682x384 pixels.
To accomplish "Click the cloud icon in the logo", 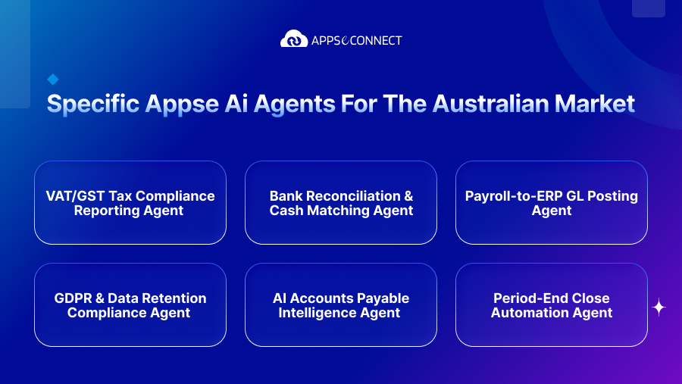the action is click(294, 39).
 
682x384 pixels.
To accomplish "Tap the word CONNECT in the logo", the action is click(376, 40).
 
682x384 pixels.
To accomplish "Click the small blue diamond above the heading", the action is click(53, 80).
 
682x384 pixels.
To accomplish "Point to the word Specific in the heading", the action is click(93, 104).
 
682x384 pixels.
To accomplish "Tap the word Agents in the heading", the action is click(294, 105).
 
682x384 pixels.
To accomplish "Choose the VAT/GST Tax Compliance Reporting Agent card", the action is click(130, 203).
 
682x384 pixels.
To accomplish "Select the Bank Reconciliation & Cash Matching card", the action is click(341, 203).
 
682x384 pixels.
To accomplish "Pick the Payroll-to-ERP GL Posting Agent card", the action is click(552, 203).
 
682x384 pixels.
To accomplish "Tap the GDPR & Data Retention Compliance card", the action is click(130, 304).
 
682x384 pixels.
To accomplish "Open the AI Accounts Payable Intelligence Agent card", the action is click(341, 304).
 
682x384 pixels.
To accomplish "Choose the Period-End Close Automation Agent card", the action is click(552, 304).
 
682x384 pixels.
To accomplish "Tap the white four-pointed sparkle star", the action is click(659, 307).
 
